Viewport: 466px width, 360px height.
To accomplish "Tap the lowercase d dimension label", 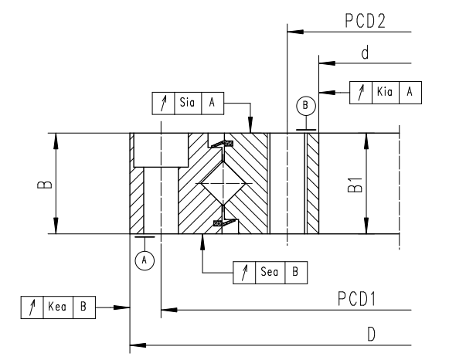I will tap(363, 53).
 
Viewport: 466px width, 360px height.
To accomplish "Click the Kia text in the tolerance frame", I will tap(384, 92).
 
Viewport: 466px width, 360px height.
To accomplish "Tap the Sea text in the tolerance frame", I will tap(270, 272).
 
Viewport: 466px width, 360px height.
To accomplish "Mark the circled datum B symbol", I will tap(305, 104).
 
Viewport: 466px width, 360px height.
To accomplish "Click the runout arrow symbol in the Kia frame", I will tap(361, 92).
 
